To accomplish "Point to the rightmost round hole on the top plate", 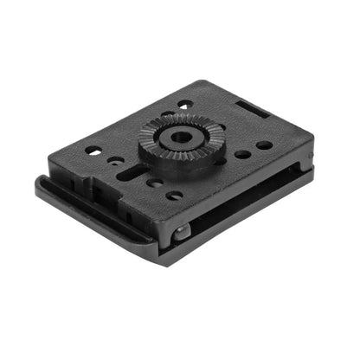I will [264, 145].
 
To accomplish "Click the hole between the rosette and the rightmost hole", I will [243, 154].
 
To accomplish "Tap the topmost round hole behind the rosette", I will [184, 106].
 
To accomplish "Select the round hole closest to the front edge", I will [175, 196].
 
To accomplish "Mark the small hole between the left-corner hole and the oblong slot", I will [115, 160].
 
